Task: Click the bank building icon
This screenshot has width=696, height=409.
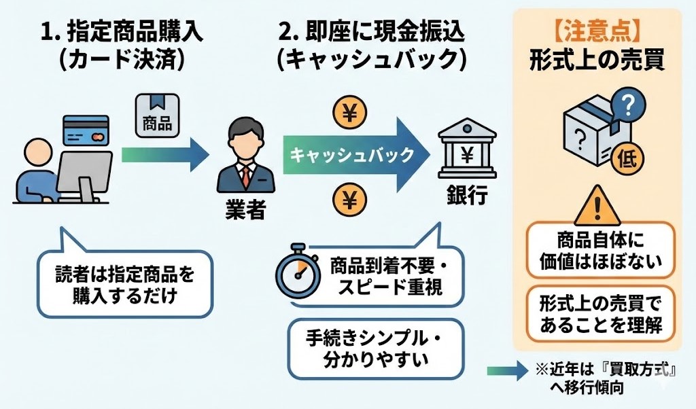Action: click(x=467, y=152)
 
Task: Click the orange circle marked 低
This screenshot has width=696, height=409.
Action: click(x=625, y=159)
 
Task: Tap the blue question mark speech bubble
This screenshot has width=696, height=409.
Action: click(x=626, y=105)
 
